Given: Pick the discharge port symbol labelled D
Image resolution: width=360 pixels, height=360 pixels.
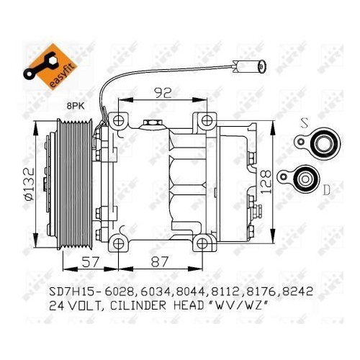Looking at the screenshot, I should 304,176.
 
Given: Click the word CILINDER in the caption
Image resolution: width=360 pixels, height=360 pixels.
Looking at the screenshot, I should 140,306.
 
